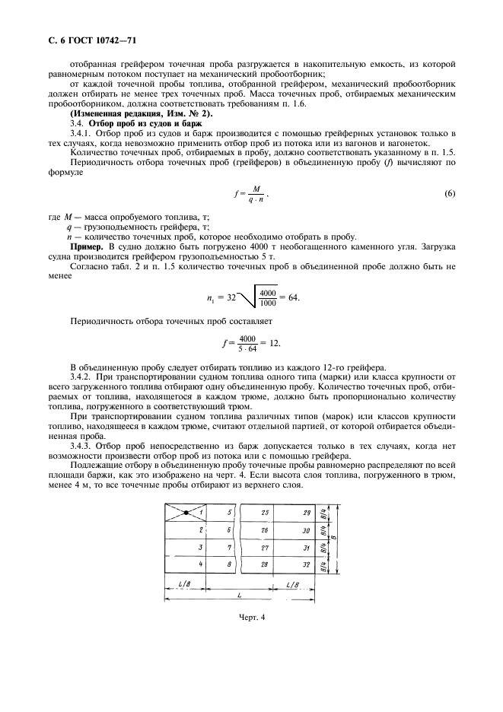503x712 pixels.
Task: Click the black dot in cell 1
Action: pyautogui.click(x=186, y=513)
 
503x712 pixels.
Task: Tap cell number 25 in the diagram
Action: pyautogui.click(x=264, y=513)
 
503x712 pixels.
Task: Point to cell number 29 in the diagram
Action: pyautogui.click(x=307, y=513)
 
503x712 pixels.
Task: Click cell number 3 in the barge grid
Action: pyautogui.click(x=201, y=547)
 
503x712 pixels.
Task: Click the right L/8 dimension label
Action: pyautogui.click(x=293, y=583)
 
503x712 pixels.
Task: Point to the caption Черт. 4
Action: pyautogui.click(x=250, y=617)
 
